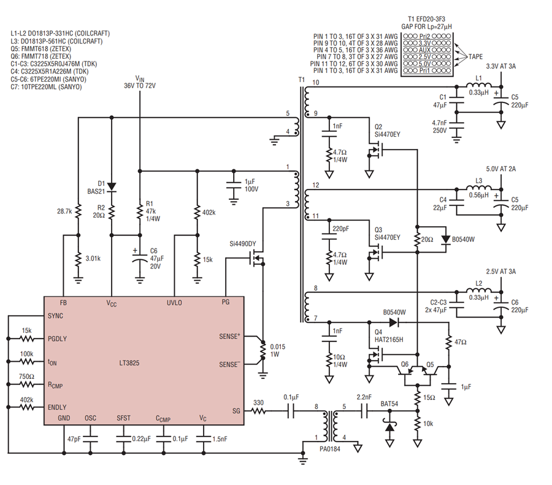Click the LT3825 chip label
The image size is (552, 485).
coord(129,363)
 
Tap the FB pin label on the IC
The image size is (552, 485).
coord(63,303)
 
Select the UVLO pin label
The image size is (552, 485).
coord(174,303)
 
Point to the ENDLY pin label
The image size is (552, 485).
coord(57,407)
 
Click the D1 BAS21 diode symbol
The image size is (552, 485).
coord(112,186)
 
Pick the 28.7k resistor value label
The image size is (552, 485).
coord(64,211)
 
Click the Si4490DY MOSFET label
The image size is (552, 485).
coord(242,243)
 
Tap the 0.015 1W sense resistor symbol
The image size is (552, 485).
coord(263,350)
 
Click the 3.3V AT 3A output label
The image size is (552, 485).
coord(500,66)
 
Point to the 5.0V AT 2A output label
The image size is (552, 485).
coord(500,169)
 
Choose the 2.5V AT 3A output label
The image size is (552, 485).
coord(500,272)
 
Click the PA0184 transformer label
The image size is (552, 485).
coord(330,449)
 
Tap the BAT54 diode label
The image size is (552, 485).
coord(389,403)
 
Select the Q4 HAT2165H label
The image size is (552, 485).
coord(389,336)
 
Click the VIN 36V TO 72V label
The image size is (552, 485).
coord(140,82)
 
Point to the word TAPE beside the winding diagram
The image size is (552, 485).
coord(475,56)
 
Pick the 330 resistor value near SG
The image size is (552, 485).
coord(258,403)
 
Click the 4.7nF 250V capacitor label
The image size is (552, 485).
coord(439,127)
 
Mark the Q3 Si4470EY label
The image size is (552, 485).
coord(387,234)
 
